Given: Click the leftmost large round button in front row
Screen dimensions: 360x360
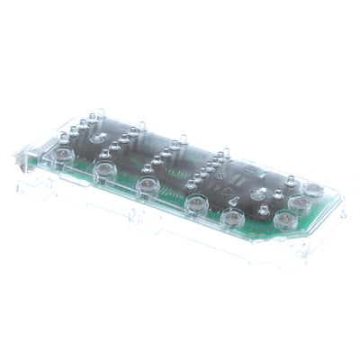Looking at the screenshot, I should (x=62, y=155).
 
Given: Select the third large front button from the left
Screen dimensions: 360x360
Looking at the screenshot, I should (x=148, y=185).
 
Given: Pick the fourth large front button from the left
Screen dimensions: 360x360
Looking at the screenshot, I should (x=193, y=202).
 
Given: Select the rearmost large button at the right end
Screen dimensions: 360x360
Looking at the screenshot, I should (x=311, y=189).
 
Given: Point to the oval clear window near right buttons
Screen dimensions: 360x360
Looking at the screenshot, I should (x=259, y=194).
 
